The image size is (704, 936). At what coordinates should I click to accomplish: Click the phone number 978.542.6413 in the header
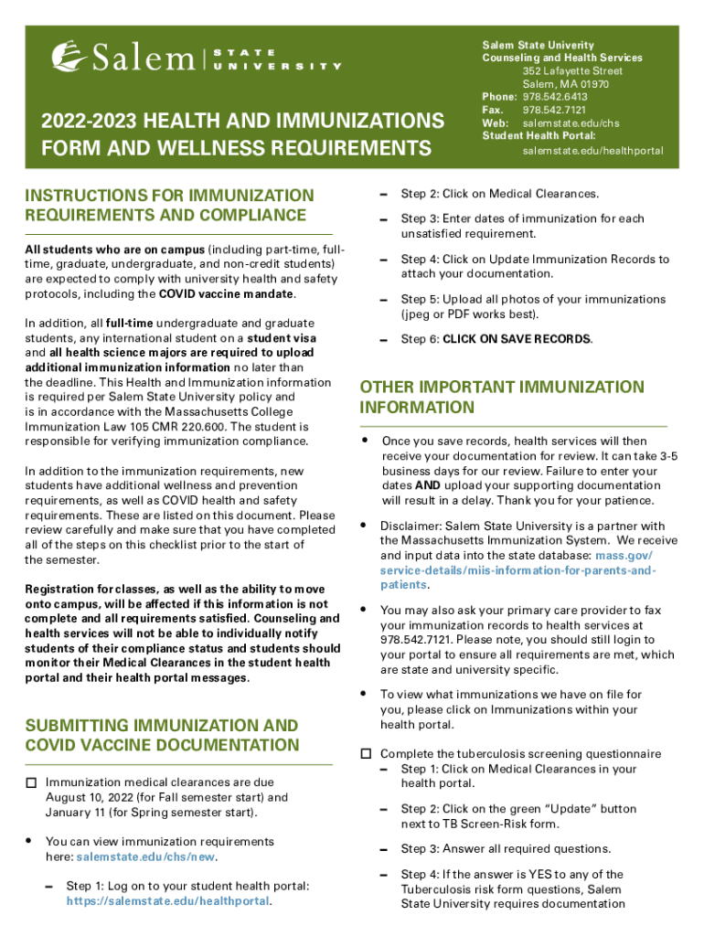555,97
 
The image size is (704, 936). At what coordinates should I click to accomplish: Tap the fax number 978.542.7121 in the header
555,110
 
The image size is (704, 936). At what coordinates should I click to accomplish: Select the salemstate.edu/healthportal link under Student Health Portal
592,150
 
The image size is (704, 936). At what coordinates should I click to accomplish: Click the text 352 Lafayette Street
572,71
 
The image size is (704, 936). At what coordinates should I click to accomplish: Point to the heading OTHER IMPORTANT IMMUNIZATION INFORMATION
502,397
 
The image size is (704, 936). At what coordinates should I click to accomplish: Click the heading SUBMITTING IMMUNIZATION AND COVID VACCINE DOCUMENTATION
162,735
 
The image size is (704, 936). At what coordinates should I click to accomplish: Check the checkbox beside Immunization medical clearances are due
31,783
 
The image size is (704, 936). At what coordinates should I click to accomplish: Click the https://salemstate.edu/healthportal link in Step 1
168,900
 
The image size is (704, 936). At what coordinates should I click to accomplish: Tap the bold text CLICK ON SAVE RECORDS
517,339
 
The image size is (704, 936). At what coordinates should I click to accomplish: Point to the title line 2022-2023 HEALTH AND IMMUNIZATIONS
236,121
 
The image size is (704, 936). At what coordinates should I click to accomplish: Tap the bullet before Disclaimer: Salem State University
364,526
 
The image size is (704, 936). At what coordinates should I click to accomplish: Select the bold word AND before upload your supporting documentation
424,485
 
